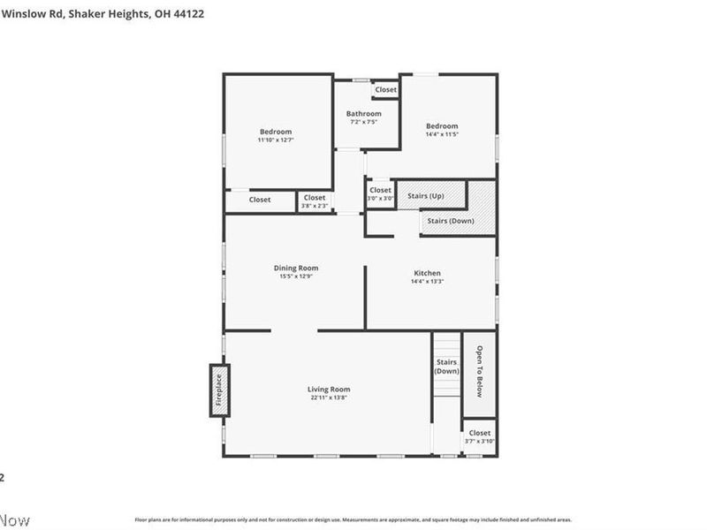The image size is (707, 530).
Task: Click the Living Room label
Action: pyautogui.click(x=329, y=389)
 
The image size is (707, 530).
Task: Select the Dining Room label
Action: pyautogui.click(x=296, y=268)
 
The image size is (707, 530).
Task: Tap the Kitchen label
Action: pyautogui.click(x=427, y=273)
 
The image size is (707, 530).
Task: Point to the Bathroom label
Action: pyautogui.click(x=363, y=114)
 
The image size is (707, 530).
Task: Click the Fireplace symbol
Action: pyautogui.click(x=219, y=390)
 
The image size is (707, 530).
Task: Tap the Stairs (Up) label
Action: pyautogui.click(x=425, y=194)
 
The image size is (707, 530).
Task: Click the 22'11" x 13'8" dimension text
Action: pyautogui.click(x=329, y=397)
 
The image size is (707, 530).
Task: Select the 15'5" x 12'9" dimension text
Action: pyautogui.click(x=296, y=276)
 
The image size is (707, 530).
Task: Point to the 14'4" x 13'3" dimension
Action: pyautogui.click(x=427, y=282)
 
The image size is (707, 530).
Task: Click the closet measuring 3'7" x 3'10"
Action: pyautogui.click(x=480, y=436)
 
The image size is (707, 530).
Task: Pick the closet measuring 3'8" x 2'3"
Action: pyautogui.click(x=315, y=201)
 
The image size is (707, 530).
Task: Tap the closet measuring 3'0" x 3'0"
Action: pyautogui.click(x=380, y=193)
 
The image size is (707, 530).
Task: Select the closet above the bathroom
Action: pyautogui.click(x=385, y=89)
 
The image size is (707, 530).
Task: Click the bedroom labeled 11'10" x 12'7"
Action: pyautogui.click(x=275, y=135)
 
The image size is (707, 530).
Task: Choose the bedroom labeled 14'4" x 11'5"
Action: pyautogui.click(x=442, y=130)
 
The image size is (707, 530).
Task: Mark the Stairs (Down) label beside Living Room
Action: pyautogui.click(x=446, y=366)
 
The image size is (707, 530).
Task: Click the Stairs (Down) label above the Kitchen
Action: pyautogui.click(x=451, y=220)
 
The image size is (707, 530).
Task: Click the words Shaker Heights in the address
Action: pyautogui.click(x=107, y=14)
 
